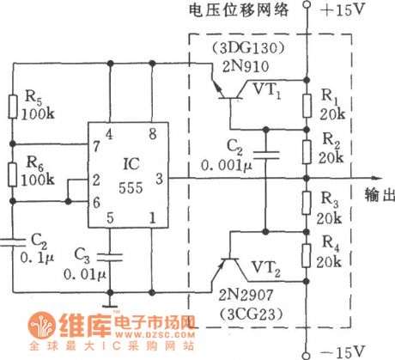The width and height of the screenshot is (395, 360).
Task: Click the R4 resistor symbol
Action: click(x=306, y=255)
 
